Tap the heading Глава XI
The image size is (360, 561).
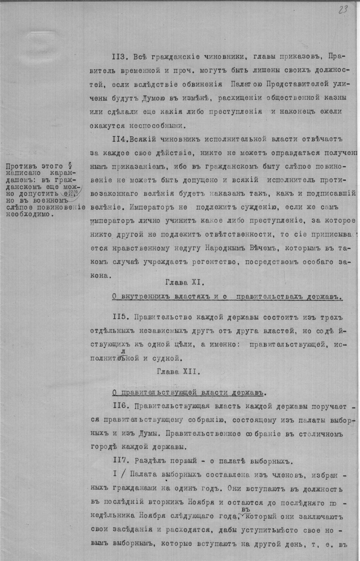(x=185, y=282)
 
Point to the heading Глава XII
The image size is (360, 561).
(x=178, y=371)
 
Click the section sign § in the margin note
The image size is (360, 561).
(x=69, y=166)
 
